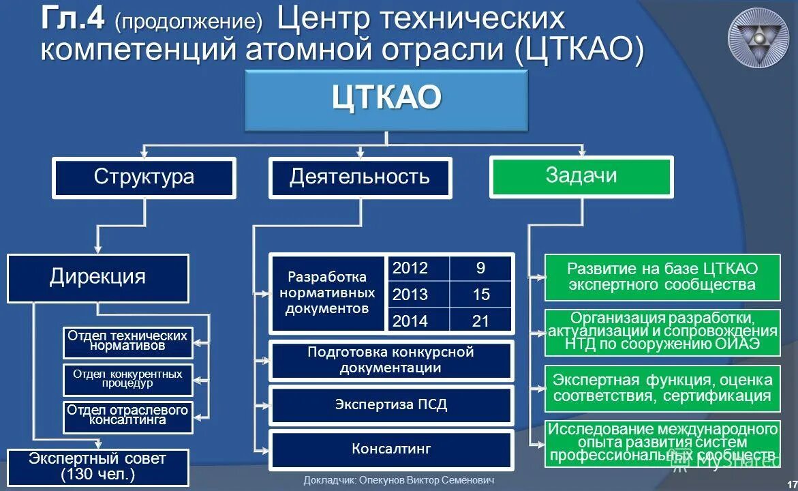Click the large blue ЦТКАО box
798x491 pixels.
pyautogui.click(x=386, y=100)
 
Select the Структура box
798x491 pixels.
pyautogui.click(x=144, y=178)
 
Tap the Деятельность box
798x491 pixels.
pyautogui.click(x=360, y=178)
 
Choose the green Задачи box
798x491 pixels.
pyautogui.click(x=581, y=177)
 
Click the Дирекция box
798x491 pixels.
pyautogui.click(x=97, y=278)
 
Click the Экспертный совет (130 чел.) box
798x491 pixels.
pyautogui.click(x=97, y=466)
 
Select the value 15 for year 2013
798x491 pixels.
pyautogui.click(x=480, y=295)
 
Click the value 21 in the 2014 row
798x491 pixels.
pyautogui.click(x=480, y=321)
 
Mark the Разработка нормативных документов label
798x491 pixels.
pyautogui.click(x=327, y=293)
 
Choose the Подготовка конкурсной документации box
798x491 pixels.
pyautogui.click(x=390, y=360)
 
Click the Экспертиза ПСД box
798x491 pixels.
pyautogui.click(x=390, y=405)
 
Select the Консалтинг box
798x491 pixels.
pyautogui.click(x=390, y=449)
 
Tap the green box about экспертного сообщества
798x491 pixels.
pyautogui.click(x=662, y=277)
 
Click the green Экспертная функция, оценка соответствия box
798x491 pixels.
pyautogui.click(x=662, y=388)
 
